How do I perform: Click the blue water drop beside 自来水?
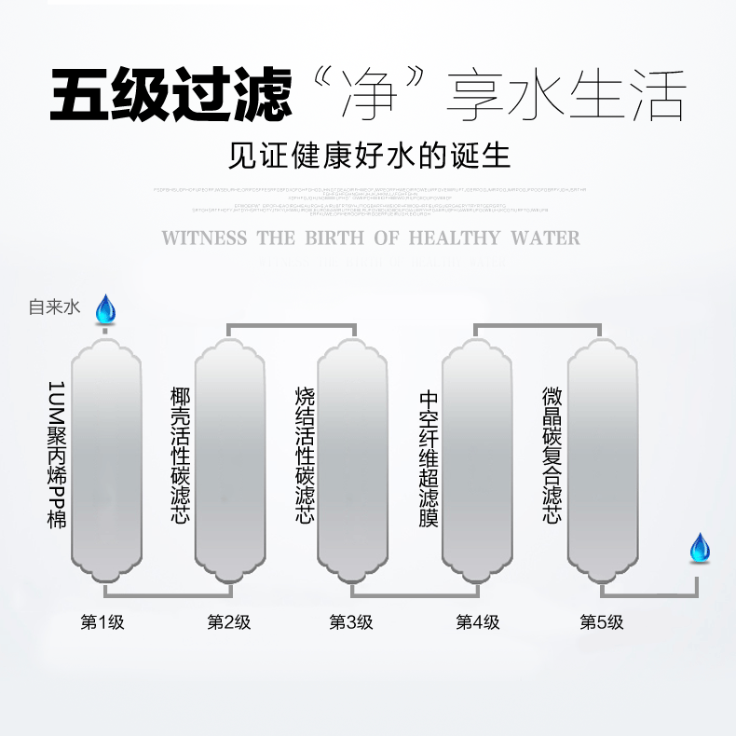pos(105,308)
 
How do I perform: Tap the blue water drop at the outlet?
pos(699,548)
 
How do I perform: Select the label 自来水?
pos(55,307)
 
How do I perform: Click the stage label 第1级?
pos(102,622)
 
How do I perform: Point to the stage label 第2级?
pos(228,622)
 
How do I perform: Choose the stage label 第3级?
pos(351,622)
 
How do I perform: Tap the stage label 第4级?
pos(477,622)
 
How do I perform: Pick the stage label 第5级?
pos(601,622)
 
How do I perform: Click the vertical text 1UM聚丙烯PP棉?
pos(57,455)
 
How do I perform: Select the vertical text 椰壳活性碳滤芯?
pos(181,455)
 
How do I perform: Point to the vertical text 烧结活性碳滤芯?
pos(305,455)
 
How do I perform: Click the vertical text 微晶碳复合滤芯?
pos(552,455)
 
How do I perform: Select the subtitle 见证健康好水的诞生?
pos(369,154)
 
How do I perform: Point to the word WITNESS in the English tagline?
pos(206,238)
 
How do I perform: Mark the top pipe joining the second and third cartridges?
pos(293,326)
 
